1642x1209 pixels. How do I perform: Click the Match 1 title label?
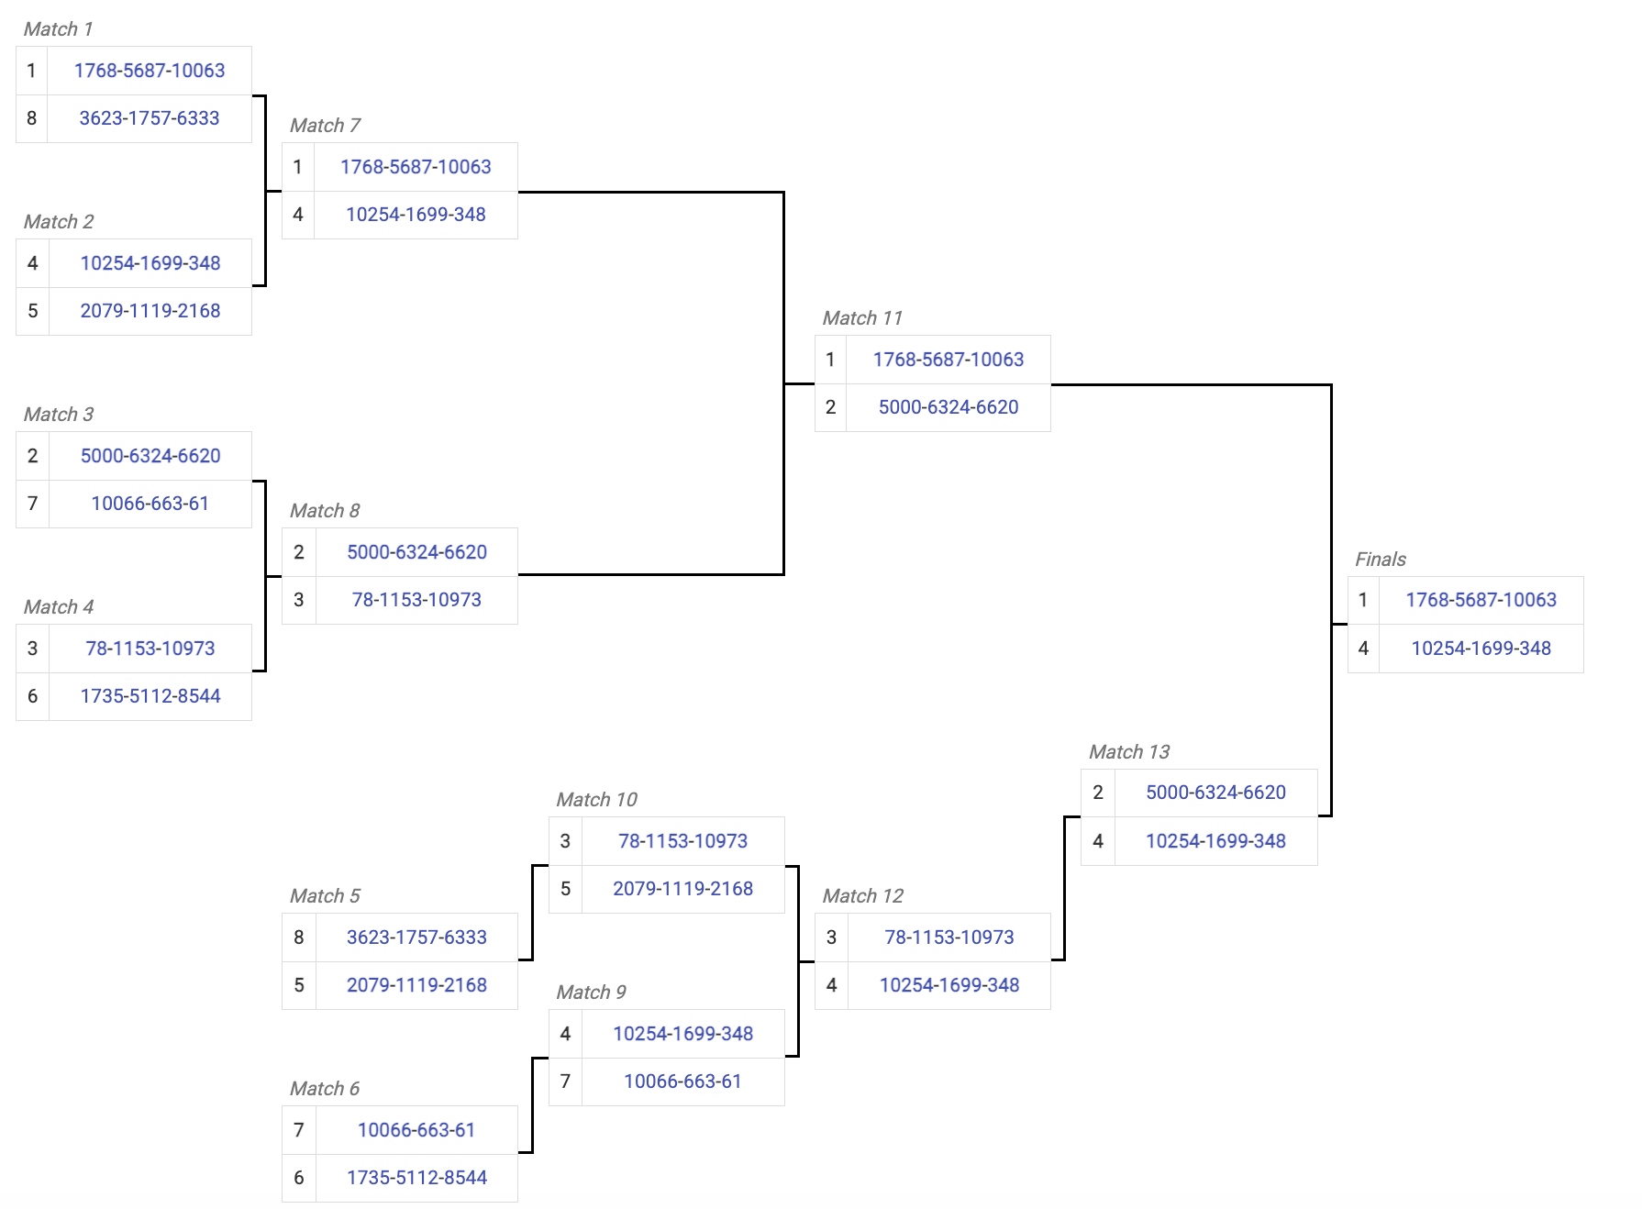58,29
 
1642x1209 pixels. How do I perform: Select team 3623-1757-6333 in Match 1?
150,118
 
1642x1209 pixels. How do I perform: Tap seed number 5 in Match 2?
32,311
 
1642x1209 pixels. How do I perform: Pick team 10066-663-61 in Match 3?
150,504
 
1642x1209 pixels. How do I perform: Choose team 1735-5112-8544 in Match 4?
150,696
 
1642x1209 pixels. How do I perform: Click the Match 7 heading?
325,126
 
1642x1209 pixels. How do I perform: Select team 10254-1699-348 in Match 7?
416,215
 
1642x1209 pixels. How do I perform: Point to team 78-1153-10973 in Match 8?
416,600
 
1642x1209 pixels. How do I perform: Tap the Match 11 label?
862,318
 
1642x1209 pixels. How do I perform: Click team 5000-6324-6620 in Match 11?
948,407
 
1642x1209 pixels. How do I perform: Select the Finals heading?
1380,560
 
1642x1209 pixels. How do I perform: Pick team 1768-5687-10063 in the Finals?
1481,600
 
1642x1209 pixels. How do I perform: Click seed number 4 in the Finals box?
1363,649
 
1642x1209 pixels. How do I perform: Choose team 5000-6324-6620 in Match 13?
1215,793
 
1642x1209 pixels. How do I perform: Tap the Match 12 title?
862,896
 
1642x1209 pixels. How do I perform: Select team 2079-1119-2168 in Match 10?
682,889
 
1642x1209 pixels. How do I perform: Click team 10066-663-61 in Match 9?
682,1081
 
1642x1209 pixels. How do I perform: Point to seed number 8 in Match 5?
299,937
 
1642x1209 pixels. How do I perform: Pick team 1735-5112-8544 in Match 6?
416,1178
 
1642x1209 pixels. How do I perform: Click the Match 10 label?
596,800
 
